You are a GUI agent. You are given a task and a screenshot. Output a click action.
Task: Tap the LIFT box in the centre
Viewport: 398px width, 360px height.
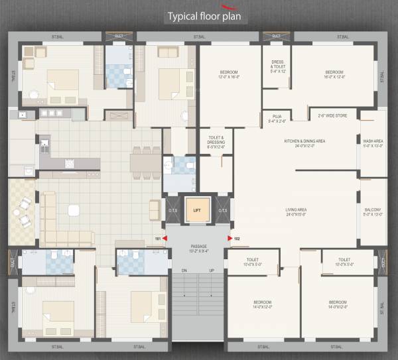196,210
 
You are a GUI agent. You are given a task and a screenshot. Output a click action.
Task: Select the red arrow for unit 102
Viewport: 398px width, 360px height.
230,237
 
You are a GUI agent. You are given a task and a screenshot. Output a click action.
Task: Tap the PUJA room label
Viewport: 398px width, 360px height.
277,119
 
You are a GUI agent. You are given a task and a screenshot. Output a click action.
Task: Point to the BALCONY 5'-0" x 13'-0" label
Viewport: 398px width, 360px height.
373,212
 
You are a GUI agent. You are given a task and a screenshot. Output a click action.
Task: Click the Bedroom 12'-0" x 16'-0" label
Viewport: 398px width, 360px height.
228,74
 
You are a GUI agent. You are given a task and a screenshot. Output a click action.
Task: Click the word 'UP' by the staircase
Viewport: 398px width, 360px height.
212,270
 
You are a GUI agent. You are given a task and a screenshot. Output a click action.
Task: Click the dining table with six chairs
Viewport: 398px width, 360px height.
145,162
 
